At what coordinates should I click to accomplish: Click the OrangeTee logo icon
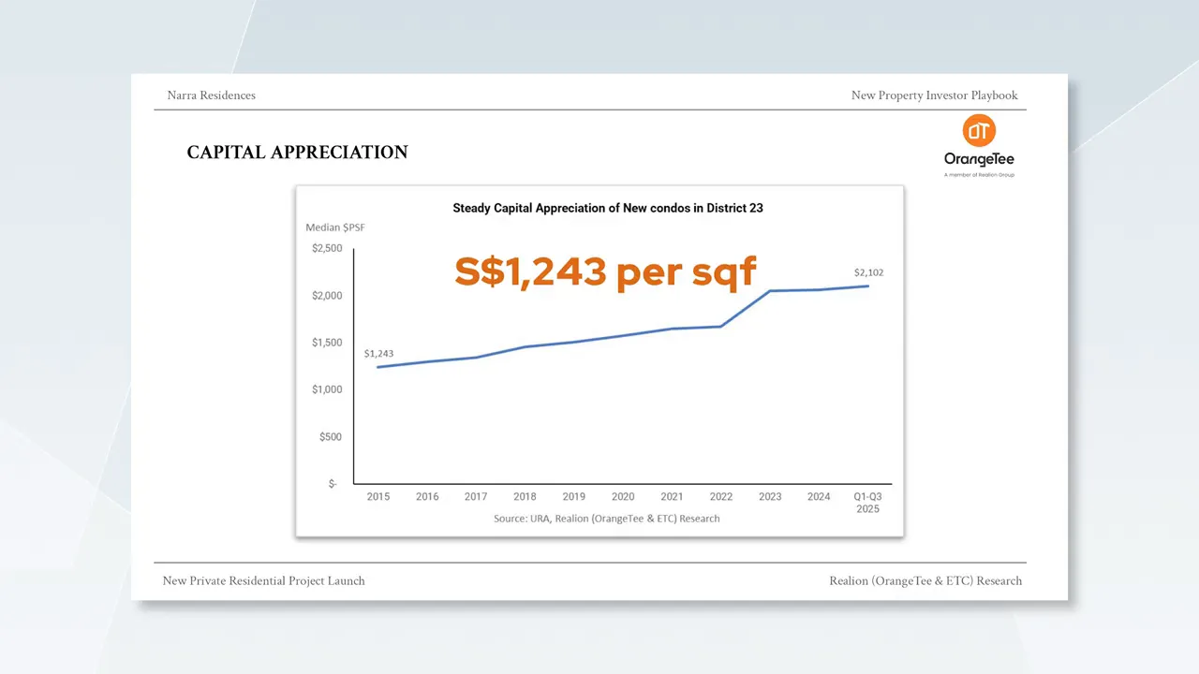pyautogui.click(x=980, y=131)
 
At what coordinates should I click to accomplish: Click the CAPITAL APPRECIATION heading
pyautogui.click(x=297, y=153)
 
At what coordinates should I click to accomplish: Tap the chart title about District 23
pyautogui.click(x=608, y=208)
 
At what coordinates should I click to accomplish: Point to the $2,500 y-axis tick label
pyautogui.click(x=327, y=249)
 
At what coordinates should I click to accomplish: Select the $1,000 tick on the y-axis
pyautogui.click(x=327, y=389)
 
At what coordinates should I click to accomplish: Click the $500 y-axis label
pyautogui.click(x=330, y=437)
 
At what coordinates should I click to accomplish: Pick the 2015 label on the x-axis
pyautogui.click(x=378, y=497)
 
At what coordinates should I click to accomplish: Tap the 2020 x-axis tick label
pyautogui.click(x=623, y=497)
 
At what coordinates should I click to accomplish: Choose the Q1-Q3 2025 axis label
pyautogui.click(x=867, y=503)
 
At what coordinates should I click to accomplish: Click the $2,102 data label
pyautogui.click(x=868, y=273)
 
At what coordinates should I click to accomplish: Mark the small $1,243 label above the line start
pyautogui.click(x=378, y=354)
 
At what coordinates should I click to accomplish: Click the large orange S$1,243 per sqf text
pyautogui.click(x=605, y=271)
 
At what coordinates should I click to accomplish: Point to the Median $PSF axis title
pyautogui.click(x=335, y=227)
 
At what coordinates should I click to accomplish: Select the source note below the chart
pyautogui.click(x=607, y=519)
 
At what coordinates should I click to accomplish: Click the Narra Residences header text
pyautogui.click(x=211, y=95)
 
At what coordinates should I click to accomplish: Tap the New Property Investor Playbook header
pyautogui.click(x=934, y=95)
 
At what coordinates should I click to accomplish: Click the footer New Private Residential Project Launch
pyautogui.click(x=263, y=581)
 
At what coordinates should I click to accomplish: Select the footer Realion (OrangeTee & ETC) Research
pyautogui.click(x=925, y=581)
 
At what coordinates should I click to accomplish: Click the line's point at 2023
pyautogui.click(x=770, y=291)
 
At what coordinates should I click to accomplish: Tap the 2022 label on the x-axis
pyautogui.click(x=721, y=497)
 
